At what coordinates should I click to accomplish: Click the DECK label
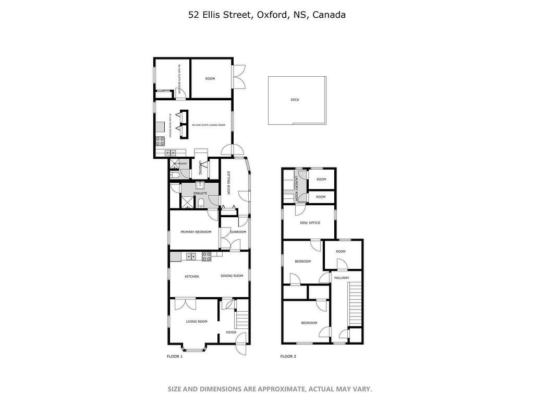295,100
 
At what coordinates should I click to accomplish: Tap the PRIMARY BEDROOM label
196,232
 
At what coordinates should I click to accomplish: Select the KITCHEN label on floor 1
191,276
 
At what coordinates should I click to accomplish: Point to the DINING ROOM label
232,276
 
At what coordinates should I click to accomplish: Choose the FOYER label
231,332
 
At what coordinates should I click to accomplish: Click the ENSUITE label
200,194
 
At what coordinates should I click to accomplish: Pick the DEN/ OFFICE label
310,223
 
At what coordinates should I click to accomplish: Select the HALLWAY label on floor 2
342,278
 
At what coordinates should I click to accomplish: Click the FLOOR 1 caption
174,357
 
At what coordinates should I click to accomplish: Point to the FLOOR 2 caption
288,357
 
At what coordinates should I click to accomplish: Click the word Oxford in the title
270,15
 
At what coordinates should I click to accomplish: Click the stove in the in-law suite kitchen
160,140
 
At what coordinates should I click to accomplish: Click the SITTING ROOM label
229,182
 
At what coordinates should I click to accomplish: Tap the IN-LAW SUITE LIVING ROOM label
209,125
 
